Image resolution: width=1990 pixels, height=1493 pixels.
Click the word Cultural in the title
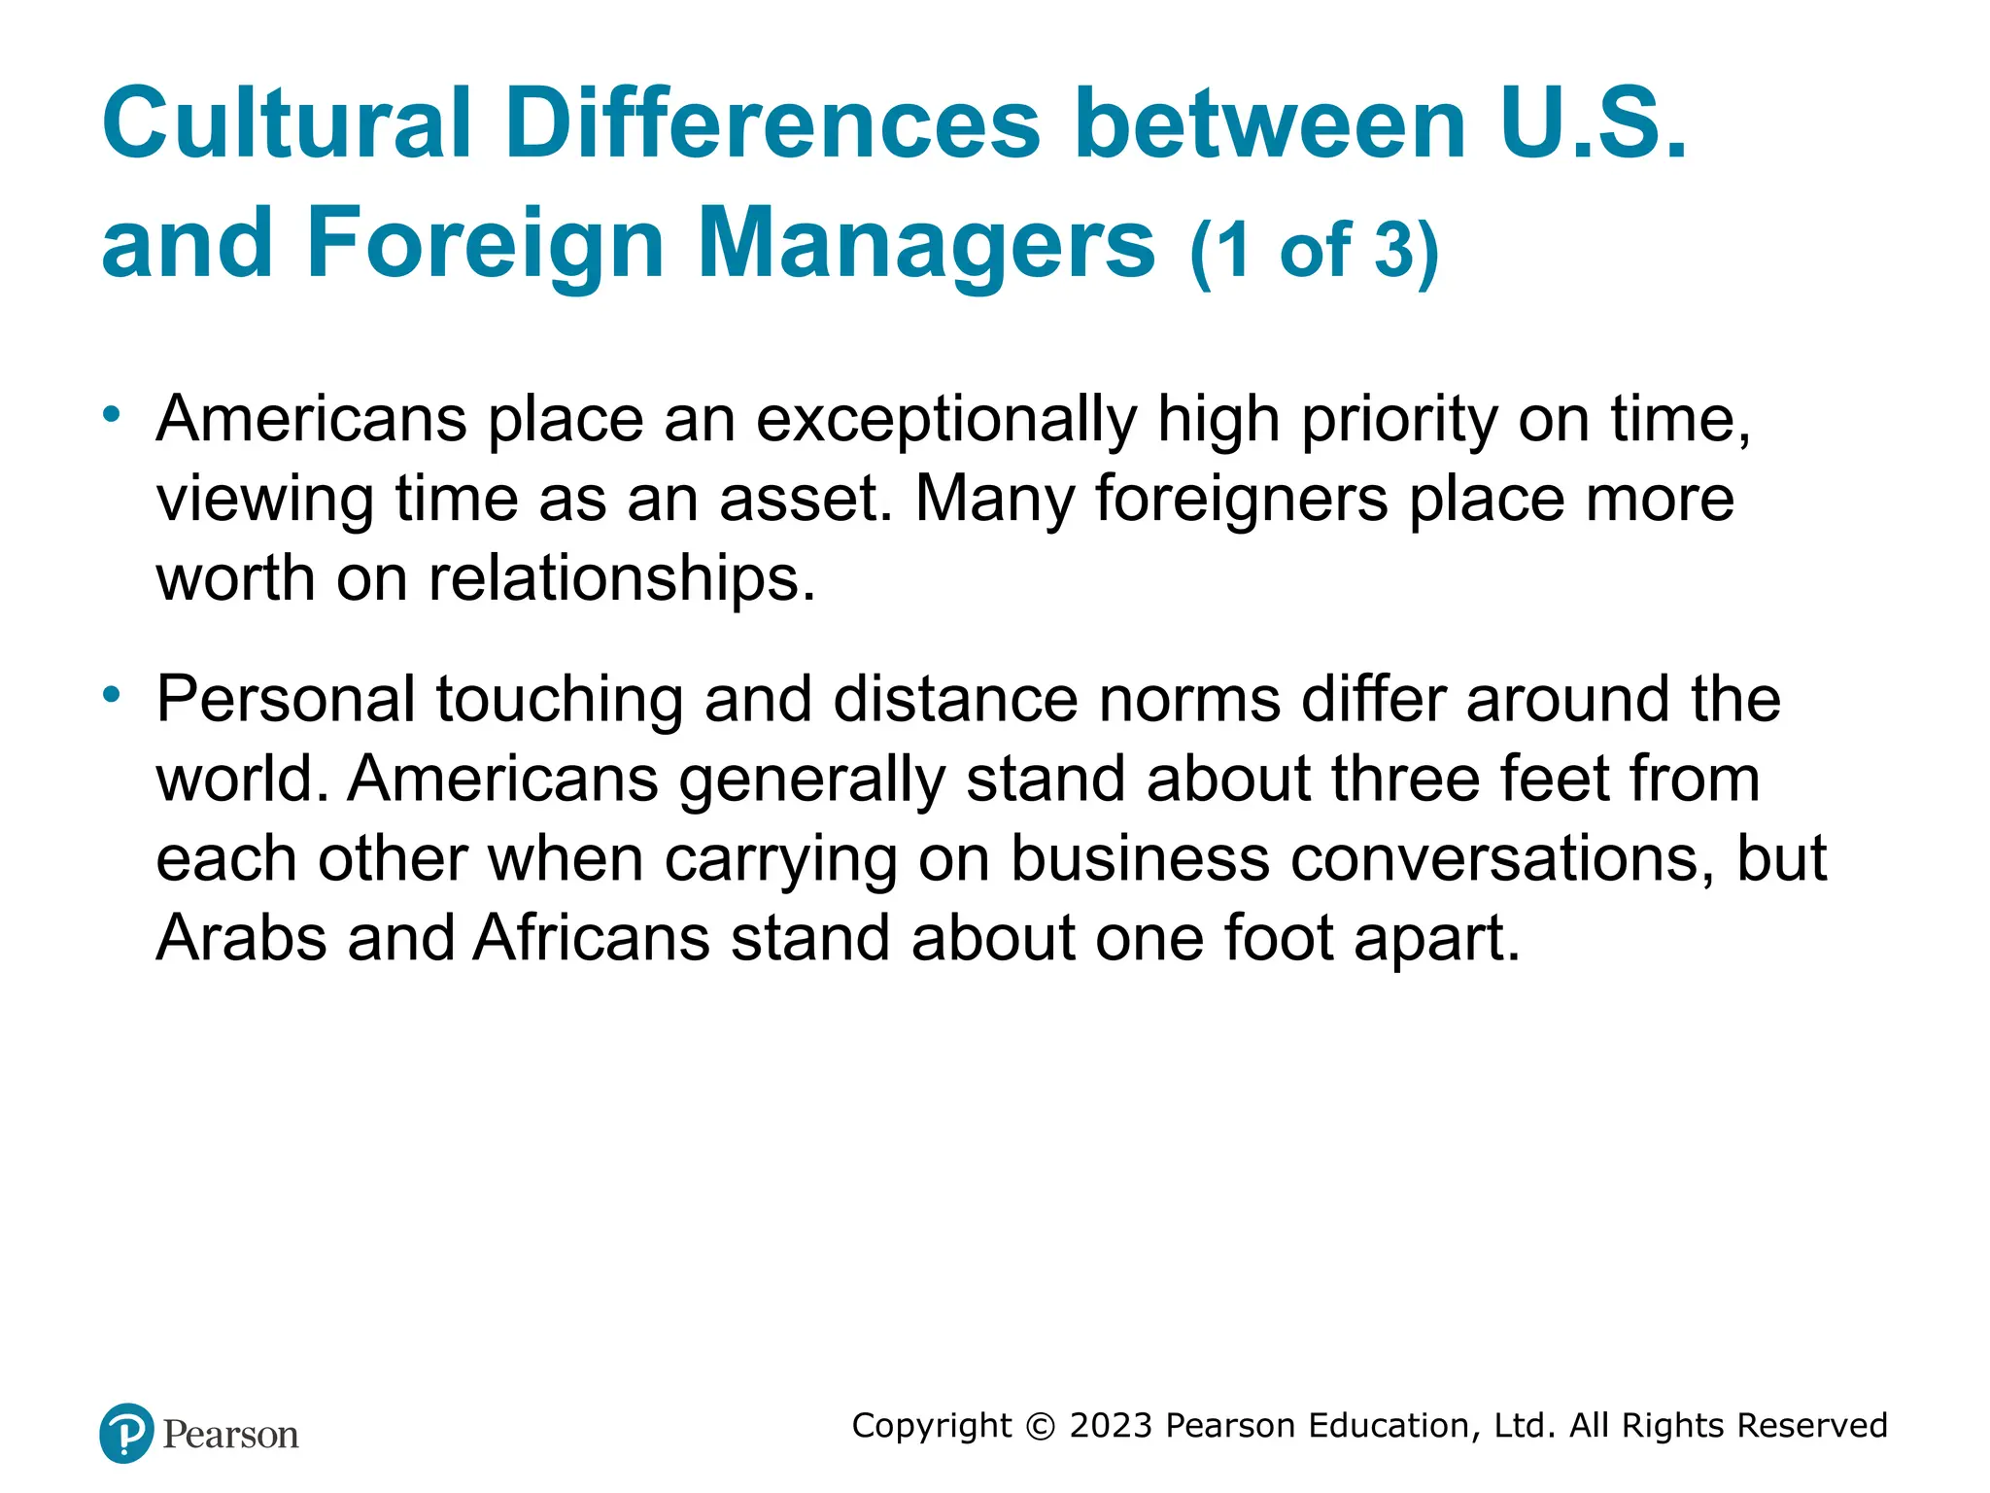[x=287, y=123]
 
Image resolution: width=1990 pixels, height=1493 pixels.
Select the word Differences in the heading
[x=772, y=123]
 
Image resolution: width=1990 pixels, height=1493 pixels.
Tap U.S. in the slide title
[x=1594, y=123]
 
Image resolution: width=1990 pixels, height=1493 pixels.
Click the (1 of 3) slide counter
[x=1314, y=251]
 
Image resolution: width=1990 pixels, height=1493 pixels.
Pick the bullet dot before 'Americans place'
[x=113, y=415]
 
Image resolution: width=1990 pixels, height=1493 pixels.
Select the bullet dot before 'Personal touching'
[x=113, y=694]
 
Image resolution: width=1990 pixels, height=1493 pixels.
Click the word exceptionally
[x=945, y=421]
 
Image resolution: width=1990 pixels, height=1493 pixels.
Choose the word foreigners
[x=1242, y=500]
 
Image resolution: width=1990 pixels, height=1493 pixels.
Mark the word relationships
[x=622, y=579]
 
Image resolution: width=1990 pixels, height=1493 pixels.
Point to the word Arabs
[x=241, y=939]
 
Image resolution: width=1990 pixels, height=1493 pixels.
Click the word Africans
[x=592, y=939]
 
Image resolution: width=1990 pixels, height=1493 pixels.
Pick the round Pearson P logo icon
[x=126, y=1433]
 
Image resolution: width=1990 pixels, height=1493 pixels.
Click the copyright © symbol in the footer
[x=1041, y=1426]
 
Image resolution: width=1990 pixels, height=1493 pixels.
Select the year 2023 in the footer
[x=1111, y=1426]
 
